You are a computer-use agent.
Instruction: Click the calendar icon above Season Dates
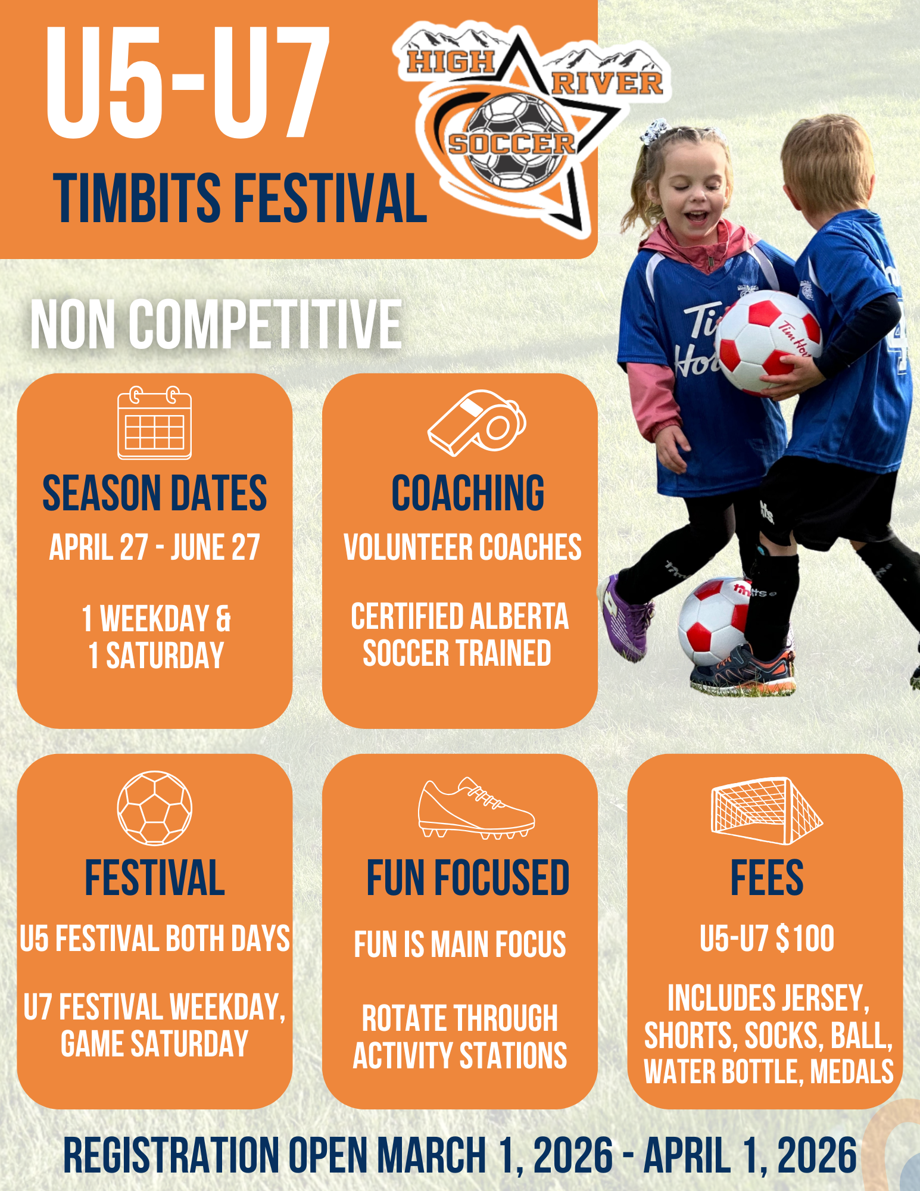click(x=155, y=423)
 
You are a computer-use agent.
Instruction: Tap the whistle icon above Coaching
click(x=476, y=423)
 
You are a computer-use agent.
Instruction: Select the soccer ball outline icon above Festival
click(x=155, y=808)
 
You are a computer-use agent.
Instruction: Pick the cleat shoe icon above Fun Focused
click(x=476, y=808)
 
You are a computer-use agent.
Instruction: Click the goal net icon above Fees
click(x=767, y=810)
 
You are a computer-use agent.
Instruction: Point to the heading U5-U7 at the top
click(x=188, y=82)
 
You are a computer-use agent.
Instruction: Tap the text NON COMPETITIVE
click(x=216, y=325)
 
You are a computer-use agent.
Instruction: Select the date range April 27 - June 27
click(x=155, y=547)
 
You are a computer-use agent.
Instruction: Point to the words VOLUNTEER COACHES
click(x=463, y=547)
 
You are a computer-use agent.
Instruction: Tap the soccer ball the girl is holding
click(x=768, y=342)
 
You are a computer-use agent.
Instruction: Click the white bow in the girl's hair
click(x=655, y=131)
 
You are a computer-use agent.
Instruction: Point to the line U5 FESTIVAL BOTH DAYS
click(x=155, y=939)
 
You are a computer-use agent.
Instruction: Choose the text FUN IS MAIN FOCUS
click(x=460, y=944)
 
